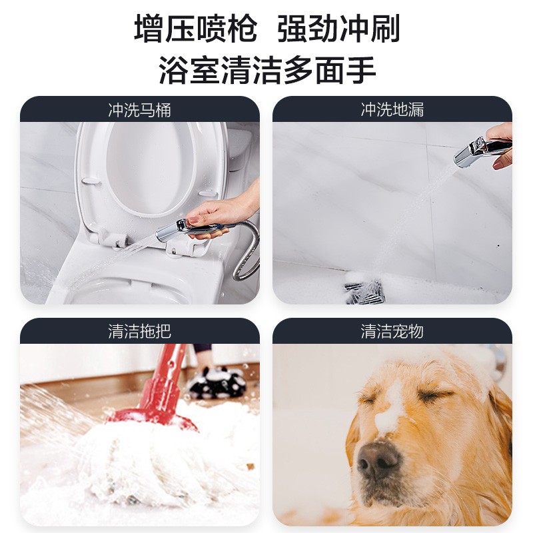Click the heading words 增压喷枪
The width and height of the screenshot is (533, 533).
[195, 30]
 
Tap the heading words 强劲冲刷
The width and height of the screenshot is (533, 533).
[338, 30]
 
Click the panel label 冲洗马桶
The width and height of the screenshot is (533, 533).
[139, 110]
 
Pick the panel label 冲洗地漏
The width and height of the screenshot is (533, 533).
[392, 110]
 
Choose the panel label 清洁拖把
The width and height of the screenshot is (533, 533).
[139, 331]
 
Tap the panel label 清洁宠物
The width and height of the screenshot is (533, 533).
[392, 331]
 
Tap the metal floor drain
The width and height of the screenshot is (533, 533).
[364, 290]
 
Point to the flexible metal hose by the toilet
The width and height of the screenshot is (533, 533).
[249, 253]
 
